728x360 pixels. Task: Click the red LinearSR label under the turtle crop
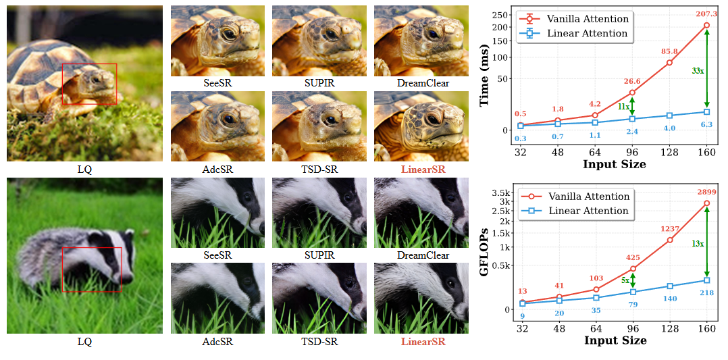[423, 169]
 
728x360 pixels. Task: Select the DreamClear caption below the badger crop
[423, 255]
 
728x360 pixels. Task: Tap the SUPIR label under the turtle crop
[321, 83]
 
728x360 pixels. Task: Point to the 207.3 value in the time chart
[706, 14]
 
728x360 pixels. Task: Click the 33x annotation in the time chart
[698, 70]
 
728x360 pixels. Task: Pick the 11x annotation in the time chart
[623, 106]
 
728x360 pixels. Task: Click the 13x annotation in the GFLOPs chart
[698, 243]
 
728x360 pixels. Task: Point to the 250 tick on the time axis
[500, 15]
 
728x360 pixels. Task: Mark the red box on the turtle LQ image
[89, 84]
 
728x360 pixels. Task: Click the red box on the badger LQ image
[92, 269]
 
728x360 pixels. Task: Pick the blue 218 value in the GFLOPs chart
[706, 292]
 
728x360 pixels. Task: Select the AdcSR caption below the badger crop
[218, 342]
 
